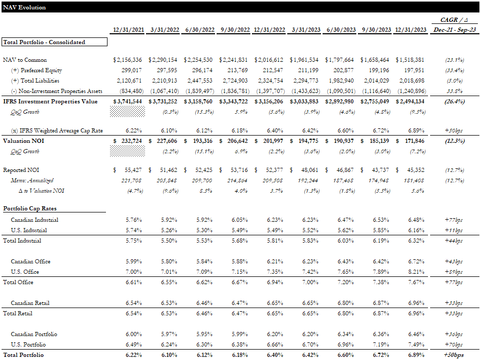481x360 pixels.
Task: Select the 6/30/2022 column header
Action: [198, 30]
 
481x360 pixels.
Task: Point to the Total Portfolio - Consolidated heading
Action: [44, 42]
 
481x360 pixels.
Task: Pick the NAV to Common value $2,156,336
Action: [128, 60]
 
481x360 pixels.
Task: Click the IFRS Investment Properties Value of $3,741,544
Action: [128, 101]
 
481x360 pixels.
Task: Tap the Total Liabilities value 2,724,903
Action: [234, 81]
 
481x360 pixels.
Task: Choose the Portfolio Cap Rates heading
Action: [30, 209]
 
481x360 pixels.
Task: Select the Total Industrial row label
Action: [22, 241]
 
